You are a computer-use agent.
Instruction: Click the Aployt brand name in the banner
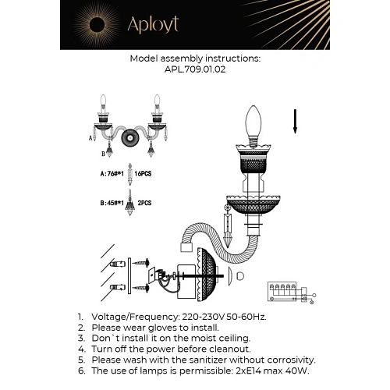point(153,25)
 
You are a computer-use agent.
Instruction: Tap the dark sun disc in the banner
point(97,25)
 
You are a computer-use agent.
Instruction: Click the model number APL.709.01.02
point(195,69)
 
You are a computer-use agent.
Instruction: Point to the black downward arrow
point(295,122)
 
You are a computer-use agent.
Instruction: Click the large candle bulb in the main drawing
point(253,122)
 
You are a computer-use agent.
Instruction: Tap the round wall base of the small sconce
point(130,138)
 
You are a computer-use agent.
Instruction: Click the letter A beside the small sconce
point(90,138)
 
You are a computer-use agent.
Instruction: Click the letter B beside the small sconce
point(103,154)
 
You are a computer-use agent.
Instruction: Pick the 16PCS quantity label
point(143,174)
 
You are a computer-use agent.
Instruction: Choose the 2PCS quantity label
point(144,203)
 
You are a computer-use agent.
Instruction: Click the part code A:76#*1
point(112,174)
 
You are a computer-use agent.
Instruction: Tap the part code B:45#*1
point(112,203)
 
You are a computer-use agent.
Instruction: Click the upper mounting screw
point(141,263)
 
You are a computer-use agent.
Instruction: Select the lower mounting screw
point(141,288)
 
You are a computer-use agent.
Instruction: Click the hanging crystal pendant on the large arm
point(228,225)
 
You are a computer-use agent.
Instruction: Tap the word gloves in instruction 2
point(162,328)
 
